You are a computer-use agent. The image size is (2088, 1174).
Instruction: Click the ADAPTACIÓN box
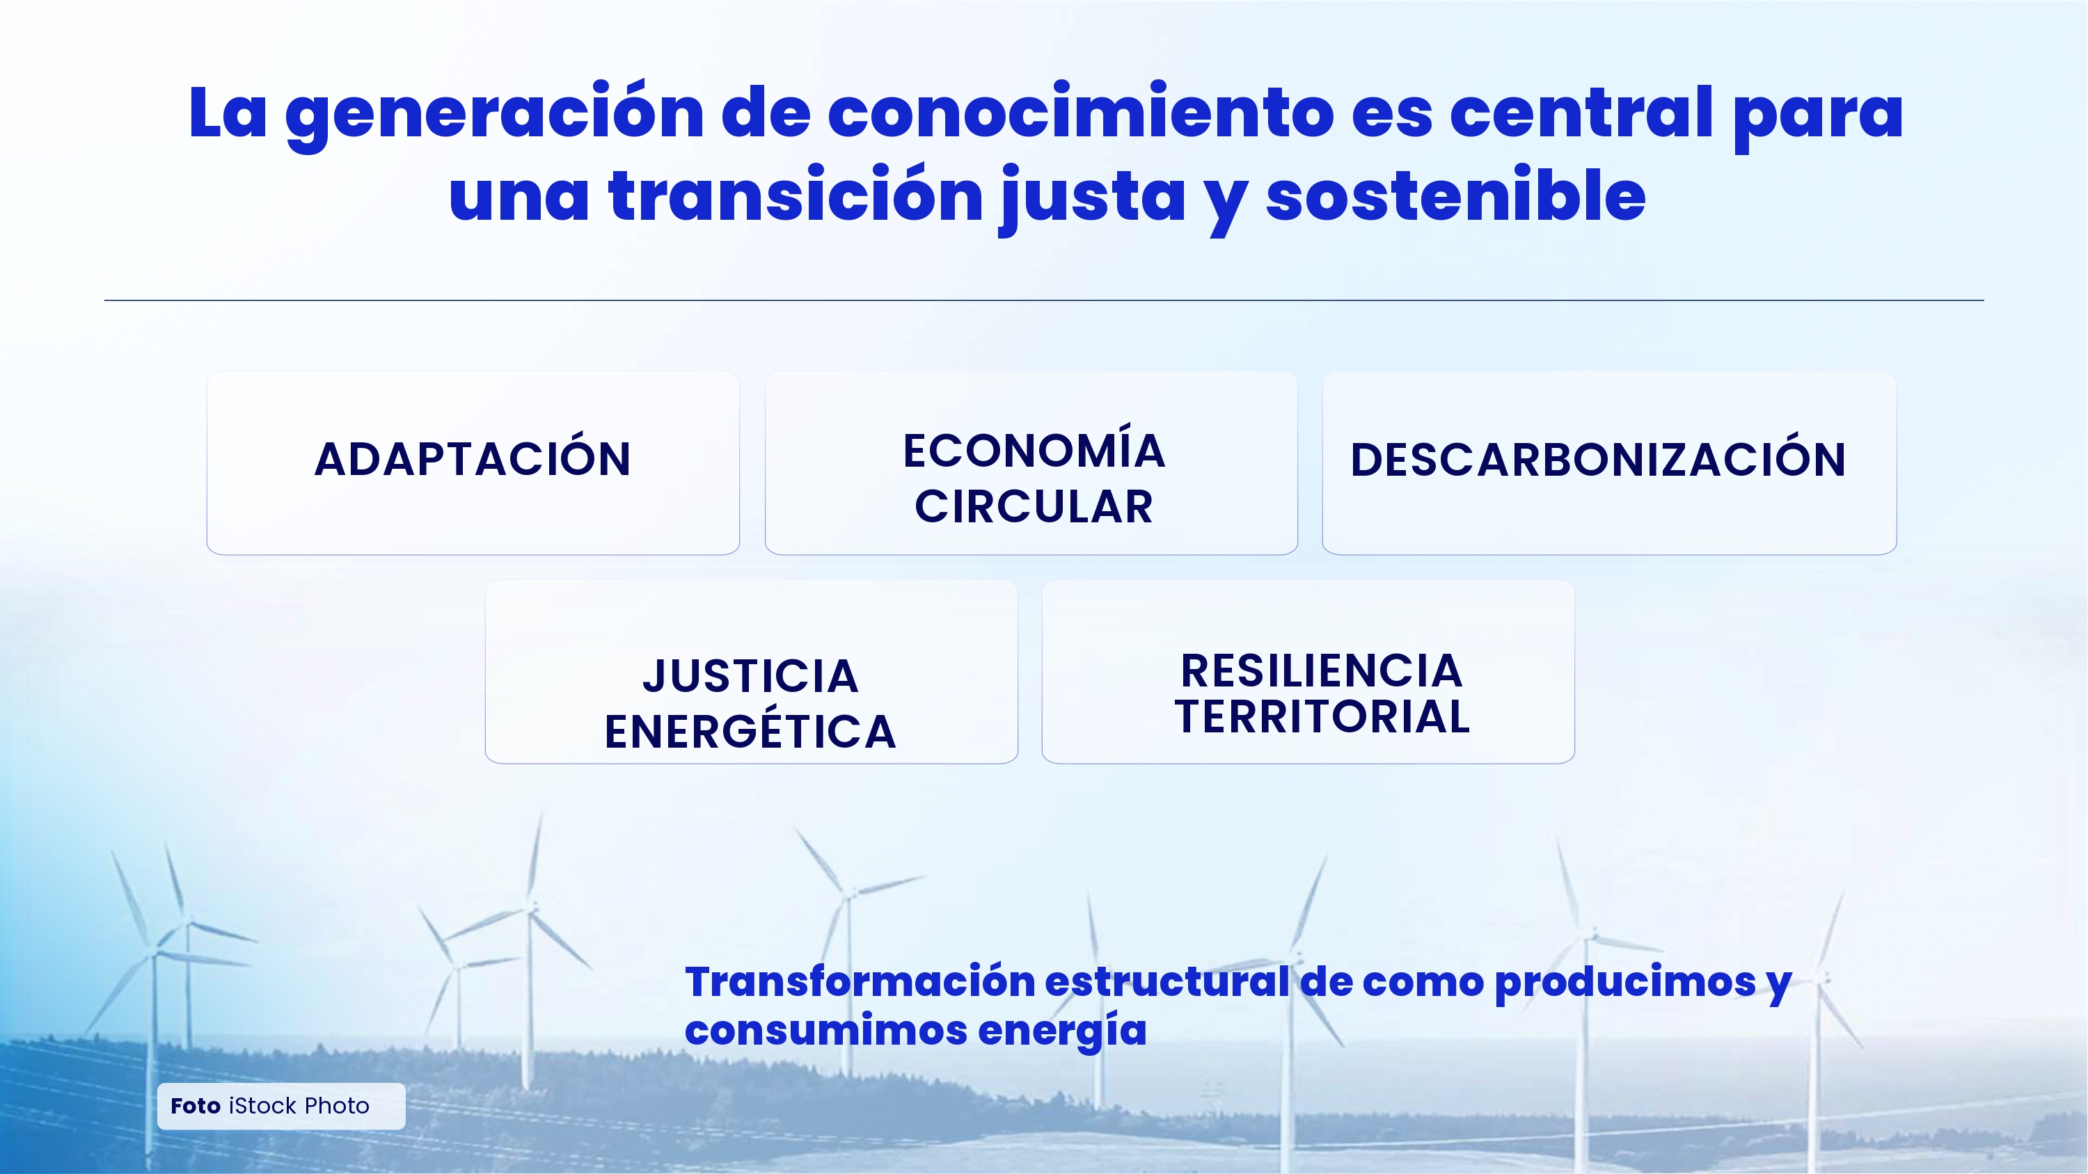(473, 463)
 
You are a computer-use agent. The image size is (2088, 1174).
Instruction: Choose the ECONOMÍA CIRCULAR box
(1031, 463)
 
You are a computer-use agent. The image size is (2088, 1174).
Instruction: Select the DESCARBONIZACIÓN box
(1609, 463)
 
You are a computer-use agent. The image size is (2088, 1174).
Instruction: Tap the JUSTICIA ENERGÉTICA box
(752, 672)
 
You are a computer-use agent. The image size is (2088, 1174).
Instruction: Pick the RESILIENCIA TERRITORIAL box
(1308, 672)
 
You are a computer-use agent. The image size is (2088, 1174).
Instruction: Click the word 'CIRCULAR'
(1034, 507)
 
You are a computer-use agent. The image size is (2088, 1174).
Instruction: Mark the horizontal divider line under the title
(1044, 300)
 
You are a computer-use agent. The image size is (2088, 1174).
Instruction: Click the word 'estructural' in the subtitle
(1168, 982)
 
